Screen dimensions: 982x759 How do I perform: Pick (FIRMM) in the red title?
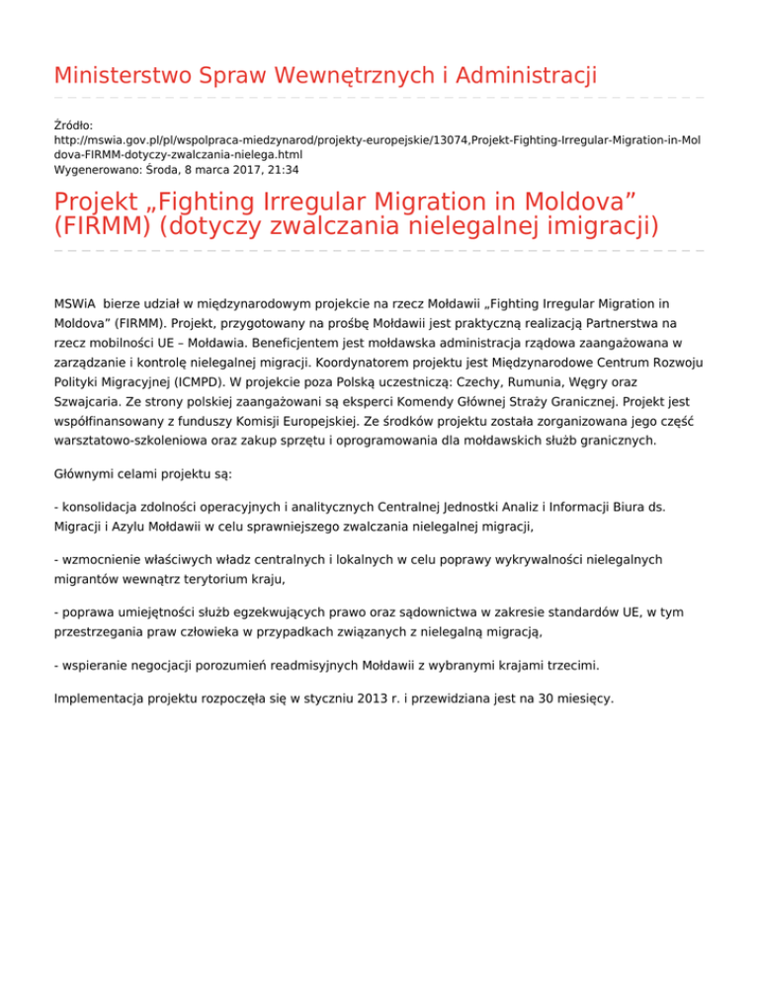coord(101,226)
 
